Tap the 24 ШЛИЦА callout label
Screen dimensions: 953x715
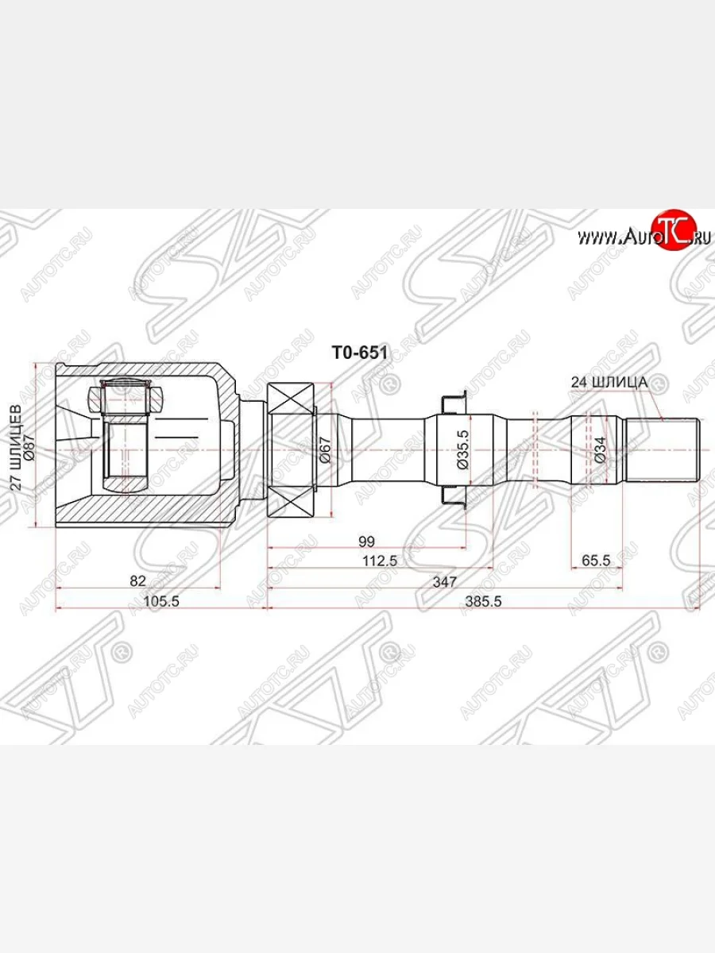[x=609, y=382]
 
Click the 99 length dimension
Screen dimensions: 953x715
[x=365, y=542]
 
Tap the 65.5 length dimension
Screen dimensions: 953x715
[x=595, y=561]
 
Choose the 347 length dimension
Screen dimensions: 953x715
[x=444, y=582]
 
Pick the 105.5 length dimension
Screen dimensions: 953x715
[x=162, y=602]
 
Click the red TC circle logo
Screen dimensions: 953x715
[x=672, y=231]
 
